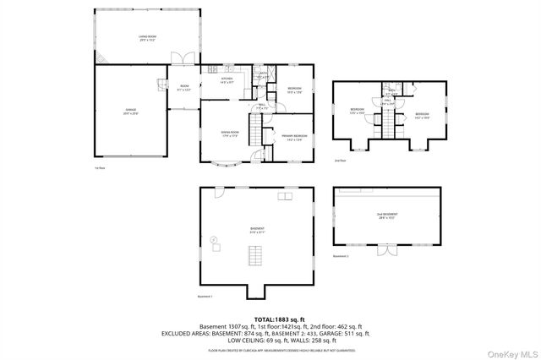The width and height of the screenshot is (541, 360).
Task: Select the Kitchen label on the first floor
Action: click(227, 79)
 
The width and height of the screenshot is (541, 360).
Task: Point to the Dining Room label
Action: click(230, 134)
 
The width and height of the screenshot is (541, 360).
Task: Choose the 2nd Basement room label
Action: click(386, 216)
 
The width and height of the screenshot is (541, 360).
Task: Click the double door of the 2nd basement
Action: click(386, 251)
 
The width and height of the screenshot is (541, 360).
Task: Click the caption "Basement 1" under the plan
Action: click(205, 297)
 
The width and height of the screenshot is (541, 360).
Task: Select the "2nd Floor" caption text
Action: click(340, 160)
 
